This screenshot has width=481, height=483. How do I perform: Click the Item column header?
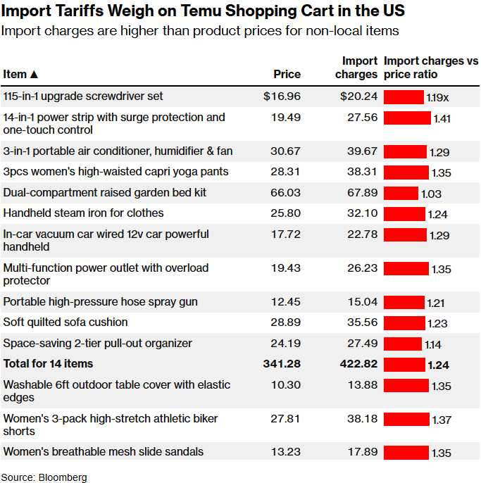[15, 74]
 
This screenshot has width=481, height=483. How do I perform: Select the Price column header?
[287, 74]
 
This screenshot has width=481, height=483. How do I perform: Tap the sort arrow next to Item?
[35, 74]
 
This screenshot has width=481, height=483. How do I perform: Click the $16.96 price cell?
[282, 96]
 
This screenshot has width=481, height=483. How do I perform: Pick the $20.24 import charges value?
[358, 96]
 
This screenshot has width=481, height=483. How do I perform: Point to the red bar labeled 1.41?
[407, 118]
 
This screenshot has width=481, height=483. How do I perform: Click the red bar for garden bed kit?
[401, 193]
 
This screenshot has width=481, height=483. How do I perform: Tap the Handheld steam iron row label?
[83, 213]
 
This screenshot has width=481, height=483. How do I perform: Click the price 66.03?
[286, 193]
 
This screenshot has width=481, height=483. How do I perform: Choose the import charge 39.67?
[362, 151]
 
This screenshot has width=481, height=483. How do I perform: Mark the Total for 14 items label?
[48, 364]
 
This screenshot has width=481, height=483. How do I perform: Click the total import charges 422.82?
[358, 364]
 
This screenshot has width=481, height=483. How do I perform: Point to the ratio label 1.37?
[442, 420]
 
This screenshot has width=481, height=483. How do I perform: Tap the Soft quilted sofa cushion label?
[65, 322]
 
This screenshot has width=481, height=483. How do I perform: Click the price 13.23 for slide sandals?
[286, 452]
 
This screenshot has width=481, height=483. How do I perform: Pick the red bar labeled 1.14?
[403, 344]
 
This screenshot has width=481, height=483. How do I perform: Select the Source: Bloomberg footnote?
[44, 477]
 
